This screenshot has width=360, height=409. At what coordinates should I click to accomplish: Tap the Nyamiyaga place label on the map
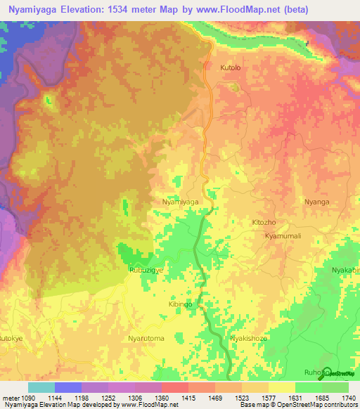(180, 202)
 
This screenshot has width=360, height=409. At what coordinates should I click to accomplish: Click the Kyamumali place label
(283, 236)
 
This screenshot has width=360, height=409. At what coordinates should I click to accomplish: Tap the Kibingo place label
(180, 304)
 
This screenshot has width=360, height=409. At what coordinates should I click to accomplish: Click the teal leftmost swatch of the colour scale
(41, 387)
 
